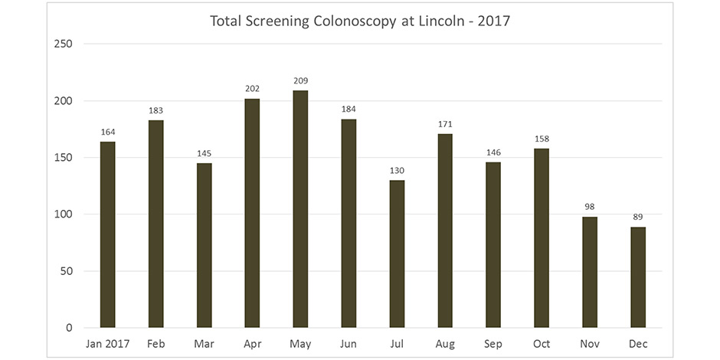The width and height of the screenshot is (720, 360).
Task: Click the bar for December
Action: (x=638, y=277)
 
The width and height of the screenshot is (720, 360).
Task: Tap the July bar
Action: (x=397, y=254)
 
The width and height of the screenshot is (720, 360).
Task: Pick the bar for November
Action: (x=590, y=272)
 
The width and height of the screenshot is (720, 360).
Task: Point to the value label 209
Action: (x=300, y=80)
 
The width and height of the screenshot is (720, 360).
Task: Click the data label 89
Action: (x=638, y=217)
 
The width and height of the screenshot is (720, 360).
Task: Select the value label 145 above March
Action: (x=204, y=153)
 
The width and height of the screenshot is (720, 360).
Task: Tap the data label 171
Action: (x=445, y=123)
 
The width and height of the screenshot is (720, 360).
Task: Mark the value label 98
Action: (x=590, y=207)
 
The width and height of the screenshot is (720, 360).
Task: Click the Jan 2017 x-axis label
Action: (x=107, y=344)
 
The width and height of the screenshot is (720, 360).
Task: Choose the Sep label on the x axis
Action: (x=493, y=344)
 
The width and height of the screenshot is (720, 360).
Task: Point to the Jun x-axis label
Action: (x=349, y=344)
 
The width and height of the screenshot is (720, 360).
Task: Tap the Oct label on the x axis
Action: (x=542, y=344)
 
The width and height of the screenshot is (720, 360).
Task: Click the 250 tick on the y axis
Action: (x=64, y=44)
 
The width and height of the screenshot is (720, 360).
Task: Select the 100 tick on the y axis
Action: (x=64, y=214)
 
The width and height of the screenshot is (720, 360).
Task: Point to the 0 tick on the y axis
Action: (x=69, y=328)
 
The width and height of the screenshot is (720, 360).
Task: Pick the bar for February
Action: (x=155, y=224)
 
